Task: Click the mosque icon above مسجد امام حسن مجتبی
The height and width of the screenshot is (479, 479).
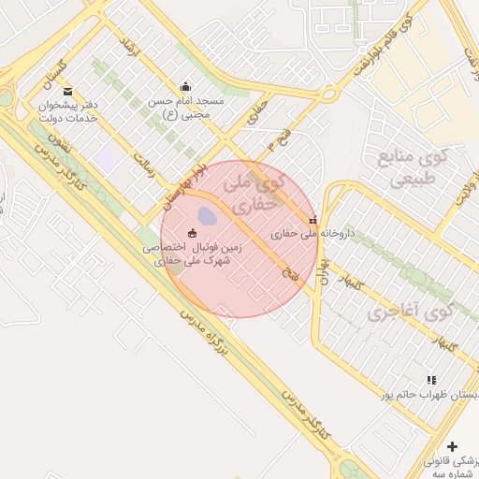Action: (x=185, y=86)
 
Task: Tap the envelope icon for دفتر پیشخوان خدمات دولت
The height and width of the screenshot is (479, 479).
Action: (x=67, y=91)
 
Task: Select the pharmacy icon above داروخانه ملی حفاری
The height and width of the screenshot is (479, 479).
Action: (x=312, y=220)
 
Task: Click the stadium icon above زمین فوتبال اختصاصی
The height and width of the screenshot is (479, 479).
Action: (x=193, y=233)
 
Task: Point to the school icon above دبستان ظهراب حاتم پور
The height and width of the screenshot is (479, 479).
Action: (x=431, y=380)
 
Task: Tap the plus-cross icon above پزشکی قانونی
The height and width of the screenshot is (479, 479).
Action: (x=453, y=446)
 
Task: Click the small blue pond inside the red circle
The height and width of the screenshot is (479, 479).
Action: (x=207, y=217)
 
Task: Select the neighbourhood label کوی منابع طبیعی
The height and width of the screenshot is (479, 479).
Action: (x=411, y=167)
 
